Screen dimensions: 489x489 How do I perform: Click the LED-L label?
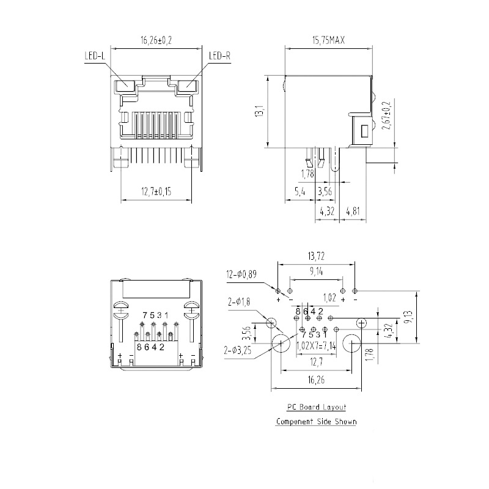coord(94,56)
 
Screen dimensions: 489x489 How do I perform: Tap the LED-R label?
coord(219,56)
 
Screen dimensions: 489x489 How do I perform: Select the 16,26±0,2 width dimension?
coord(156,41)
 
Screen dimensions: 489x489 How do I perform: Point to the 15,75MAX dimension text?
coord(329,41)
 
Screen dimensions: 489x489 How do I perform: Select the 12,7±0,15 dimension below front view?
coord(156,192)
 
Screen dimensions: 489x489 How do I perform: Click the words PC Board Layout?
coord(317,407)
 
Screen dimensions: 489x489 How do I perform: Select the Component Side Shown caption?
coord(316,422)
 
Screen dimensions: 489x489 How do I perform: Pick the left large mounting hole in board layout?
coord(281,344)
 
